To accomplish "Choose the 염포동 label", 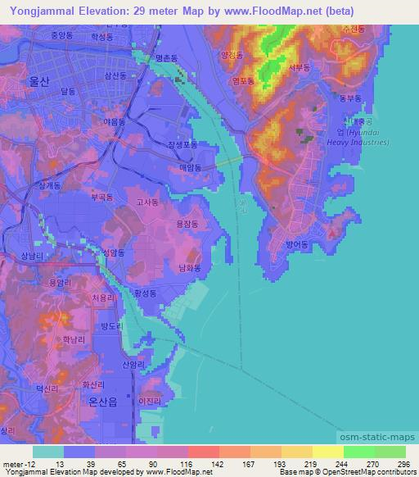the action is coord(243,82).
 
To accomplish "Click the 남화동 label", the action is coord(189,267).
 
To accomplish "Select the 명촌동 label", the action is coord(167,58).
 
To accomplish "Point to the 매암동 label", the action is coord(190,166).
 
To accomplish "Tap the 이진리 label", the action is coord(150,401).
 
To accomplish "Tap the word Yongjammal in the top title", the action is coord(36,9).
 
